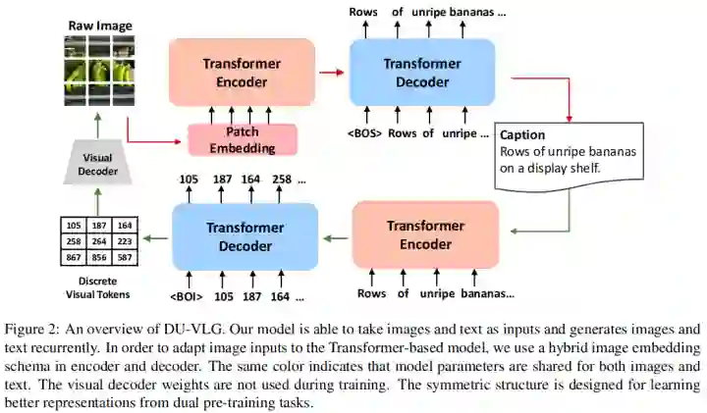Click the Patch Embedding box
(243, 139)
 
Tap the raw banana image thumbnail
(97, 71)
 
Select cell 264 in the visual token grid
(97, 240)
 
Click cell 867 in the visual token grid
(71, 256)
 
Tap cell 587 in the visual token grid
(123, 256)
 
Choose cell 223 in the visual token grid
(123, 240)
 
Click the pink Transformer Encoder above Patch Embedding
(242, 72)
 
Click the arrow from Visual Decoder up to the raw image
(97, 123)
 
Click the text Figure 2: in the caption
(35, 330)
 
